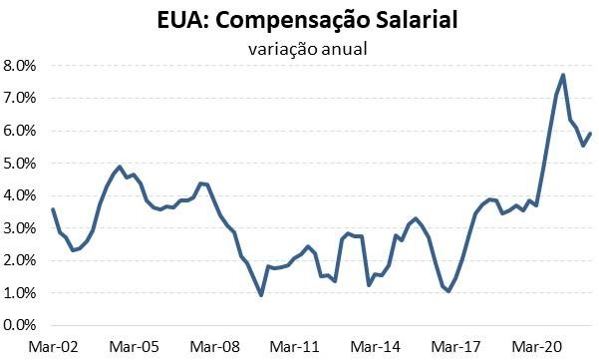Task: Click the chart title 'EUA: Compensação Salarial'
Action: coord(298,20)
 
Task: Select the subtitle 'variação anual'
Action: coord(298,46)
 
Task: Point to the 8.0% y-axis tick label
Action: coord(20,66)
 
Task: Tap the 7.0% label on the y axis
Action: coord(20,99)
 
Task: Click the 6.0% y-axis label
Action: coord(20,131)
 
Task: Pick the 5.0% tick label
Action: coord(20,164)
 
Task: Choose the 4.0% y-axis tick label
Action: coord(20,195)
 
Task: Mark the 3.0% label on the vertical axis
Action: coord(20,228)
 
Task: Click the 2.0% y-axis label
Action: coord(20,260)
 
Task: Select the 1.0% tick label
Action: coord(20,293)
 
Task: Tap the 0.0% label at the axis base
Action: coord(20,325)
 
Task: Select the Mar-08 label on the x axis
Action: coord(215,346)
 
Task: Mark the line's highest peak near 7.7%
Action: coord(563,75)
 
